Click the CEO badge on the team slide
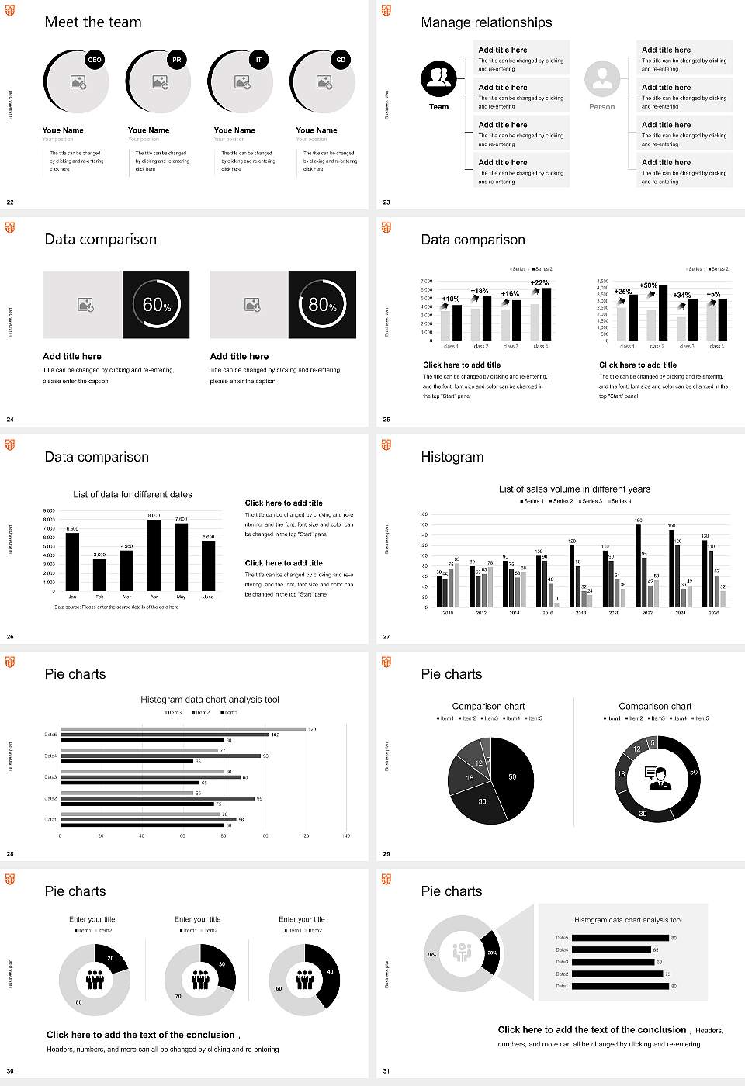point(95,60)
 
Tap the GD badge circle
point(341,60)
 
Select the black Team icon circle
point(438,78)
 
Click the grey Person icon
point(602,78)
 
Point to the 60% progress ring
point(156,305)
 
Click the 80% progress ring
point(323,305)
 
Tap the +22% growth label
point(539,283)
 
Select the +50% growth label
point(649,285)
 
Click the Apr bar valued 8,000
point(154,555)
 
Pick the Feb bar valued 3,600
point(99,575)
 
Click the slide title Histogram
point(452,457)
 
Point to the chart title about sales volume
point(574,489)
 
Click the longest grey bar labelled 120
point(183,729)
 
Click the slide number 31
point(386,1071)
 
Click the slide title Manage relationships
point(487,22)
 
